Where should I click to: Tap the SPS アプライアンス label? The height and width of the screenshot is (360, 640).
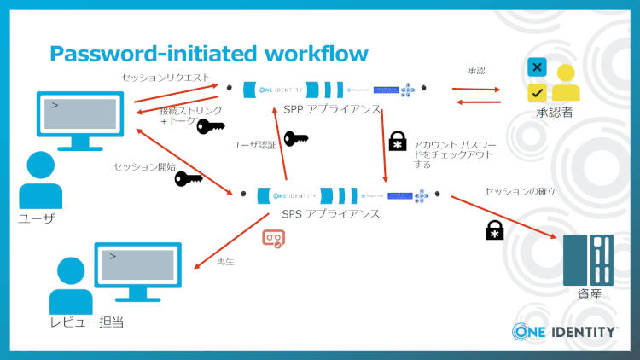tap(330, 213)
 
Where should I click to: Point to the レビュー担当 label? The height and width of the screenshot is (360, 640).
tap(84, 322)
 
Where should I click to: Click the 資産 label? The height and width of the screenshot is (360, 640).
tap(589, 294)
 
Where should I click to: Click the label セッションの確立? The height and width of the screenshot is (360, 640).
tap(521, 192)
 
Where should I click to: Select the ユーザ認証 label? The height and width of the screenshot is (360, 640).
tap(254, 145)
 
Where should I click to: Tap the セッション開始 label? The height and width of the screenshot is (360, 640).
tap(144, 166)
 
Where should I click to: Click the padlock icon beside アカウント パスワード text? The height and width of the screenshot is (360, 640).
tap(398, 142)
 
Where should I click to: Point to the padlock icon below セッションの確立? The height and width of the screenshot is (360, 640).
tap(494, 229)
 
